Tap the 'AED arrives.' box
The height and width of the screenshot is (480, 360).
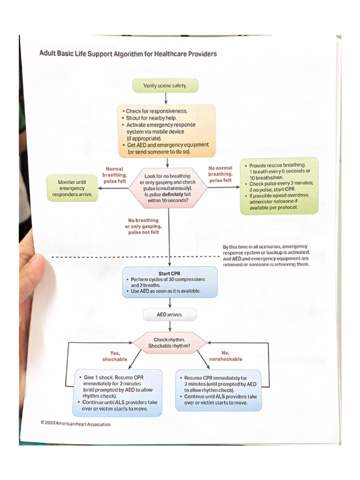[x=170, y=314]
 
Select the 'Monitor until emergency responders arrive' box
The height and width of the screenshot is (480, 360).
[x=72, y=188]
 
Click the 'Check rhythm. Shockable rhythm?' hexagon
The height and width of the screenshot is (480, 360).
[x=170, y=343]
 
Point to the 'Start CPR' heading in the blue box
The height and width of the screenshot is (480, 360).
[x=170, y=274]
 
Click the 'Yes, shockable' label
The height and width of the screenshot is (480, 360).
[x=114, y=356]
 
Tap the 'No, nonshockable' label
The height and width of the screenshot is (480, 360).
[x=225, y=356]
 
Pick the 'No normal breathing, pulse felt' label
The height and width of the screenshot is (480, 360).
[x=220, y=174]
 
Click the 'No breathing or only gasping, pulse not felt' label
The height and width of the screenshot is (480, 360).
[x=143, y=226]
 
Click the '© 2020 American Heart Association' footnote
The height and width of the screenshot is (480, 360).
[x=75, y=424]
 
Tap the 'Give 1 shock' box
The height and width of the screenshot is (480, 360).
[x=119, y=393]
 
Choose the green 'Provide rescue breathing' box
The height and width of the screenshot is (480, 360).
[x=279, y=186]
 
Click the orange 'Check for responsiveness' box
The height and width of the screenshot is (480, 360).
[x=167, y=131]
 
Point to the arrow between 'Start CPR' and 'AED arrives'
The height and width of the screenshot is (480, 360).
[x=170, y=303]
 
